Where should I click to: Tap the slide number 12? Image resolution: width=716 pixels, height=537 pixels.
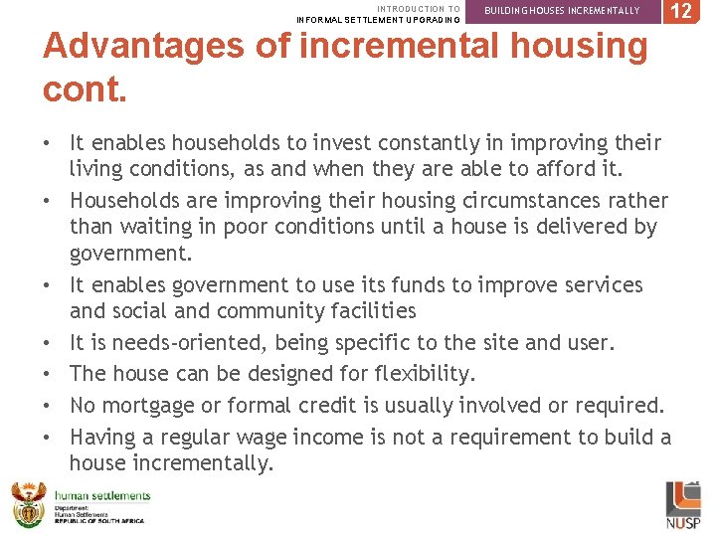[x=681, y=11]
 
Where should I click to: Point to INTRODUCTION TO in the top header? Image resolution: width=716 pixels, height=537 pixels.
[x=419, y=8]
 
